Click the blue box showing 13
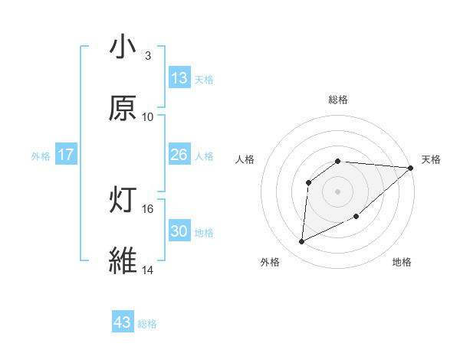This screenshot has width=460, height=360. click(179, 78)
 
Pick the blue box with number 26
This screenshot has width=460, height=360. click(179, 155)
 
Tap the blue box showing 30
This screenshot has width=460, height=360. click(179, 231)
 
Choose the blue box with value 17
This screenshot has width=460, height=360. click(66, 155)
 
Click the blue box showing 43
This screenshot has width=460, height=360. click(123, 322)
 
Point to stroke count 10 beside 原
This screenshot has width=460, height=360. click(148, 116)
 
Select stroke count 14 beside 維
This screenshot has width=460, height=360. click(148, 270)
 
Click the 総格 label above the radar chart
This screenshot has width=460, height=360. click(338, 100)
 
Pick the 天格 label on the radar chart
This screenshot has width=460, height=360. click(431, 159)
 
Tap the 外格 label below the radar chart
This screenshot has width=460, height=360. click(270, 262)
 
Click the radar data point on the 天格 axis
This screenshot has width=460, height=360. click(411, 168)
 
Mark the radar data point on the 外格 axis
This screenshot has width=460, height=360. click(301, 242)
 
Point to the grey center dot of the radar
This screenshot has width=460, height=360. click(338, 191)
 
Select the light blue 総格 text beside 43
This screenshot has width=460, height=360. click(147, 324)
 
